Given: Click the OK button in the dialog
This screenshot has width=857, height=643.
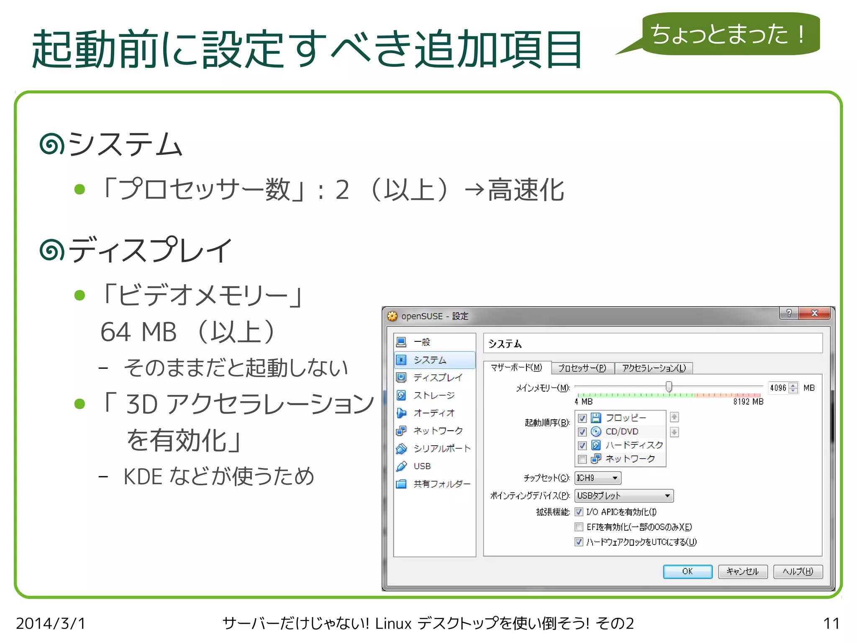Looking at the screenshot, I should pyautogui.click(x=687, y=571).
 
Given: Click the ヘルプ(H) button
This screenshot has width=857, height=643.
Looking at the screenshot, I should pyautogui.click(x=798, y=571).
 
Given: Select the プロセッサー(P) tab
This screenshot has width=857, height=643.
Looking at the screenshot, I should pyautogui.click(x=582, y=368).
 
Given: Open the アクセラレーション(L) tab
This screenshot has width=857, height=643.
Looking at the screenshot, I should pyautogui.click(x=654, y=368).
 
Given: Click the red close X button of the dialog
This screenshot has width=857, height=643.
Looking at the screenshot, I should pyautogui.click(x=814, y=313).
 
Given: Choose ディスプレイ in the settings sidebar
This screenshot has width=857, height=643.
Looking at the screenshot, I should pyautogui.click(x=438, y=377).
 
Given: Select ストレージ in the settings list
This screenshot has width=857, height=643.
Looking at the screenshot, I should pyautogui.click(x=434, y=395).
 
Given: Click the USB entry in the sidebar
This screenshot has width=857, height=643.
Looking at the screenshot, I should pyautogui.click(x=422, y=466).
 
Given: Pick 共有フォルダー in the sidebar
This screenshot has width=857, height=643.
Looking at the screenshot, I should pyautogui.click(x=441, y=484).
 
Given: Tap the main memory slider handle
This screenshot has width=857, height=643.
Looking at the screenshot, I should pyautogui.click(x=669, y=387).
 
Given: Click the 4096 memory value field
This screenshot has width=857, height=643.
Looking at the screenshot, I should pyautogui.click(x=778, y=388).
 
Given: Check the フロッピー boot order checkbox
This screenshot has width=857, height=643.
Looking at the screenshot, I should pyautogui.click(x=582, y=418).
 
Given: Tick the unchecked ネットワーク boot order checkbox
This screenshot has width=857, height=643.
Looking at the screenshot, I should pyautogui.click(x=582, y=459).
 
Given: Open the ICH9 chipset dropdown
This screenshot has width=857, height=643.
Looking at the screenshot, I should pyautogui.click(x=598, y=478).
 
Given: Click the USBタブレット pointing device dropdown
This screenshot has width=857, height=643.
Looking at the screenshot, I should pyautogui.click(x=624, y=496).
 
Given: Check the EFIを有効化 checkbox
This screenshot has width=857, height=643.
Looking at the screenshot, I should pyautogui.click(x=579, y=527).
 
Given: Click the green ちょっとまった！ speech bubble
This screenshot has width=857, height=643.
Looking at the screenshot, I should pyautogui.click(x=730, y=34).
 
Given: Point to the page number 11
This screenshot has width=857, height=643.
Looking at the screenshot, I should pyautogui.click(x=831, y=623).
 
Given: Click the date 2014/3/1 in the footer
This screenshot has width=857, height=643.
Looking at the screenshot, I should pyautogui.click(x=51, y=623).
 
